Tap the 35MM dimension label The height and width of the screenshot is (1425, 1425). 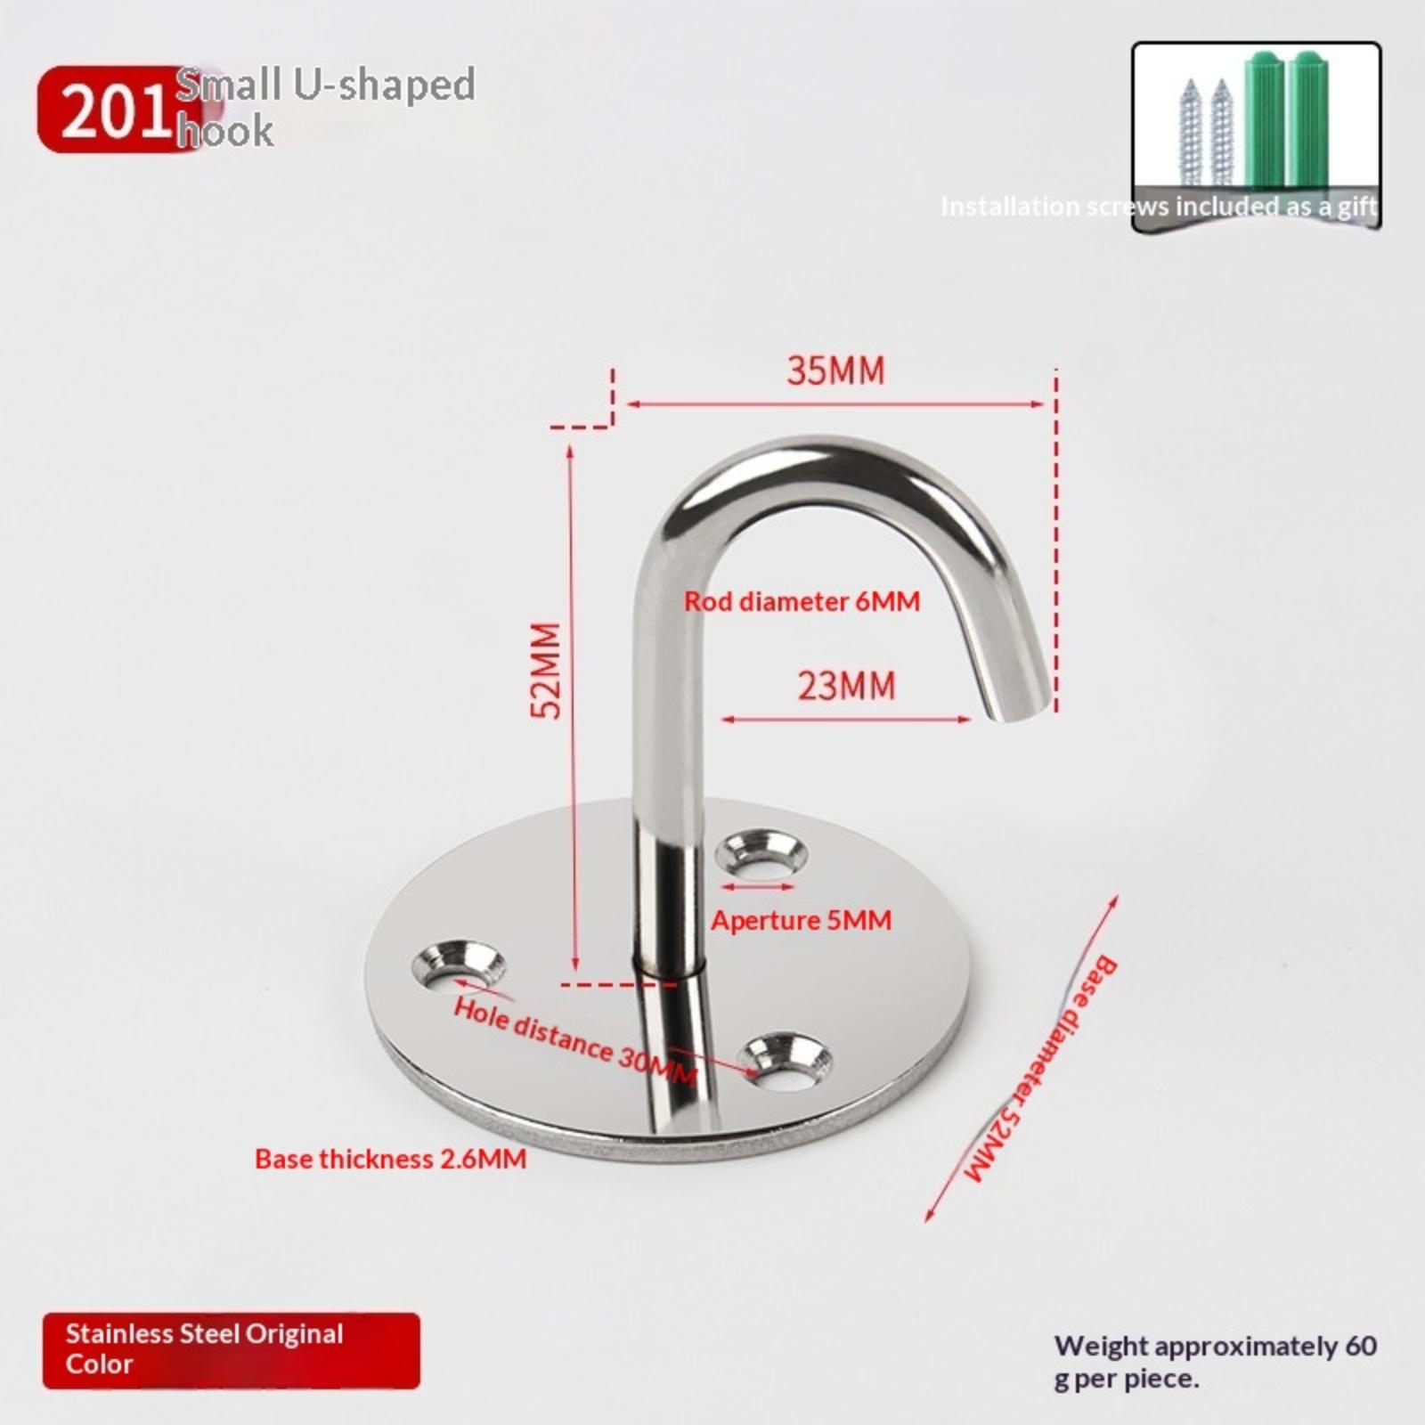tap(836, 371)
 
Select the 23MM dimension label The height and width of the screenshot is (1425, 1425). tap(846, 687)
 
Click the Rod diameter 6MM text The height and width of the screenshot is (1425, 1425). tap(802, 601)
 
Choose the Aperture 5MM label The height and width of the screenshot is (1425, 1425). tap(801, 920)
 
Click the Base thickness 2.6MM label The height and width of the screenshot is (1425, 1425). tap(390, 1159)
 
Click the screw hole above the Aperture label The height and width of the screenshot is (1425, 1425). tap(761, 851)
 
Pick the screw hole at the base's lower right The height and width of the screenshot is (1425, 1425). tap(786, 1060)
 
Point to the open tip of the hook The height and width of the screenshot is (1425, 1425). tap(1018, 710)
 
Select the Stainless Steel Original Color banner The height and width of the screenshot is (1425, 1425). tap(231, 1349)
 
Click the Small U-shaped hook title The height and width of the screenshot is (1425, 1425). tap(326, 107)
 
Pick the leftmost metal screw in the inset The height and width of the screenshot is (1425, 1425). tap(1191, 134)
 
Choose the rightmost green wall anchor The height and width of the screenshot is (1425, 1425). tap(1309, 120)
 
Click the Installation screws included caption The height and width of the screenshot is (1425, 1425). tap(1159, 207)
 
